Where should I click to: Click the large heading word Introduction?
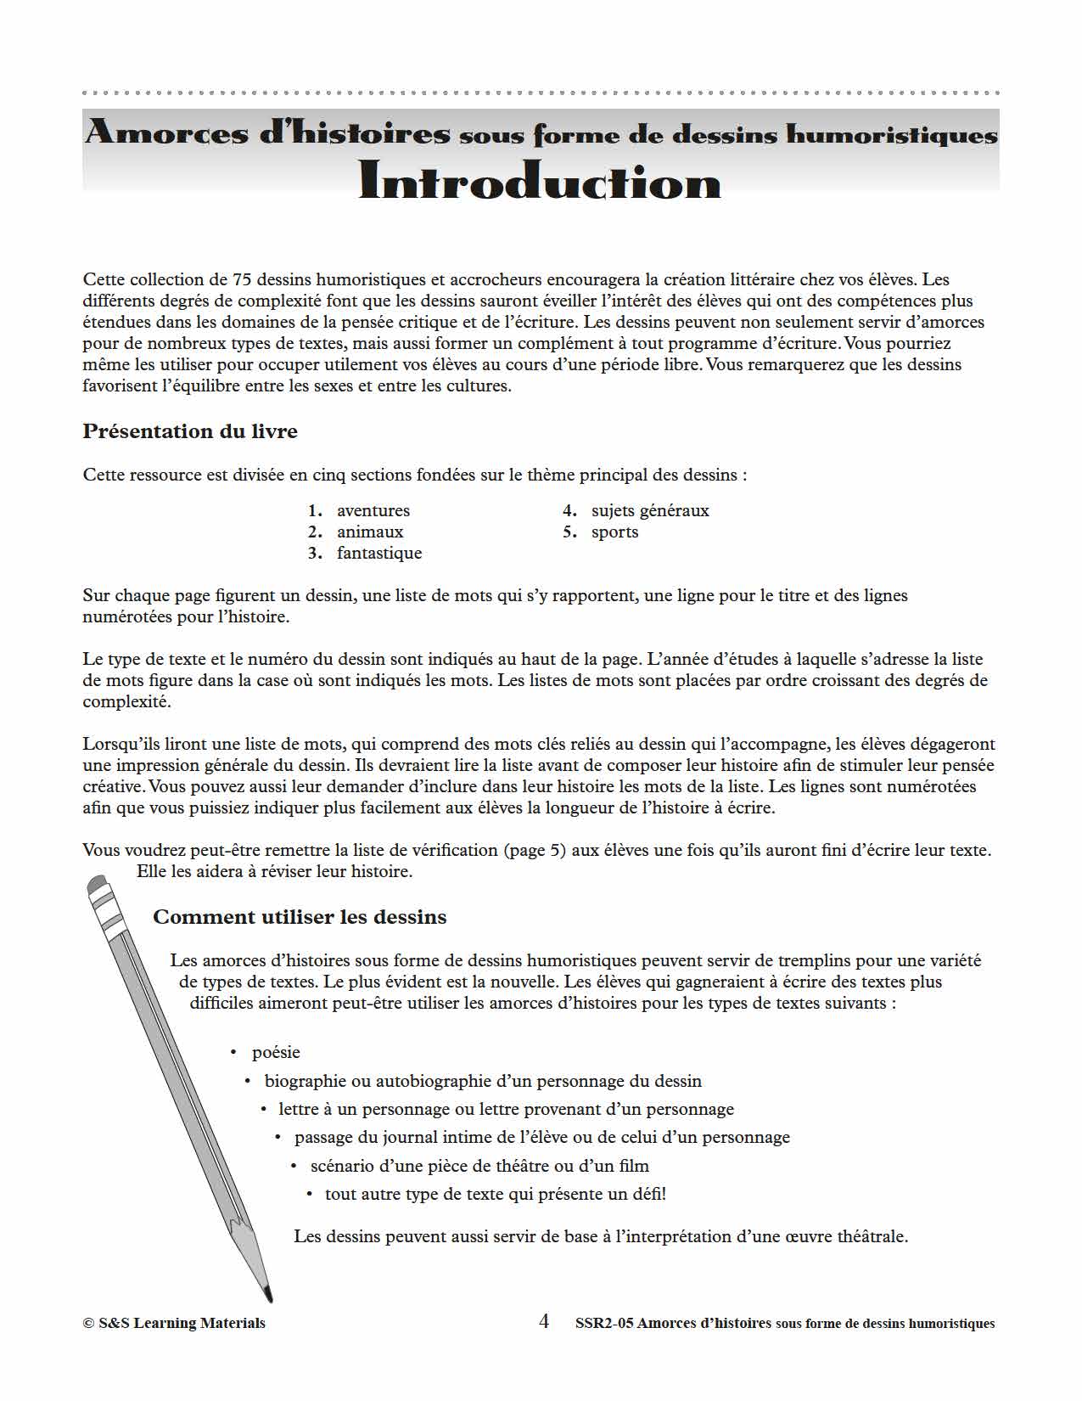pos(540,182)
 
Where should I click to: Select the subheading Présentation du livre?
pos(190,431)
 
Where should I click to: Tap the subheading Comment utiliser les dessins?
pos(300,917)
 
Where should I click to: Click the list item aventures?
pos(373,510)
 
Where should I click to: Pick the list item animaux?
pos(370,532)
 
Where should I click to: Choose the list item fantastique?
pos(378,553)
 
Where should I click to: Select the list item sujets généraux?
pos(649,510)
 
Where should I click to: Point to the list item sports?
pos(614,532)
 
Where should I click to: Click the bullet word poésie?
pos(276,1052)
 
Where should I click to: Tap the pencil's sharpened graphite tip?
pos(268,1295)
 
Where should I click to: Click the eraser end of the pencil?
pos(98,886)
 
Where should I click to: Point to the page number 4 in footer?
pos(544,1321)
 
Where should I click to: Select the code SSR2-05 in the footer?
pos(603,1323)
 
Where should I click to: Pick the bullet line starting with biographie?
pos(483,1081)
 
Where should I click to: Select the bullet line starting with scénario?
pos(479,1166)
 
